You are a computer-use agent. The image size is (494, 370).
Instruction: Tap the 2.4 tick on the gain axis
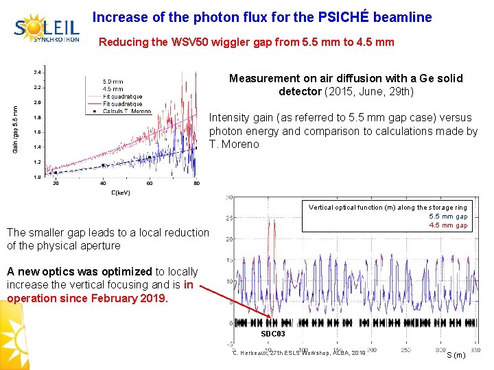click(38, 72)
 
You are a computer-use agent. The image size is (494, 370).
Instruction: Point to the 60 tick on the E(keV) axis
click(150, 183)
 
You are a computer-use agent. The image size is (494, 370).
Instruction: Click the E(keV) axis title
click(120, 193)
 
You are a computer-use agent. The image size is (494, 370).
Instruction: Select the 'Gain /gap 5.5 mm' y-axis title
click(16, 127)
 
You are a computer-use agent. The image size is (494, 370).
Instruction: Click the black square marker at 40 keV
click(103, 165)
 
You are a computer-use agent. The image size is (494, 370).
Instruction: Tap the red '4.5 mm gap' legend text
click(448, 225)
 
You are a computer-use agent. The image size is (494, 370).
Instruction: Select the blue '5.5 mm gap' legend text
click(448, 217)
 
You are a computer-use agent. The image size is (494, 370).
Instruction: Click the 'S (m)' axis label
click(456, 354)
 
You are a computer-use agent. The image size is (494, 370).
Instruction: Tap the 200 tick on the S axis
click(371, 349)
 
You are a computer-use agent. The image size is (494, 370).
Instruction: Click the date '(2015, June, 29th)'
click(368, 91)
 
